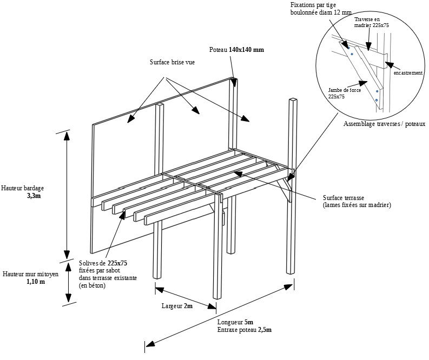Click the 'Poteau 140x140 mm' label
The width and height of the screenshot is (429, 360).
(x=236, y=50)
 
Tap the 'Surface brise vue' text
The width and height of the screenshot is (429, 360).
(x=173, y=62)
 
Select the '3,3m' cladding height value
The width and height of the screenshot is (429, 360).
(x=34, y=196)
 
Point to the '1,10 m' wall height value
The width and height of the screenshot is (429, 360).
(x=36, y=282)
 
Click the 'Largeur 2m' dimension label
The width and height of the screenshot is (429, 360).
(x=177, y=306)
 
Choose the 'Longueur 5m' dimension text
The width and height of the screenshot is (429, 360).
(x=235, y=322)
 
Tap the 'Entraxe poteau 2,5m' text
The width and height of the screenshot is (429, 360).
(x=245, y=330)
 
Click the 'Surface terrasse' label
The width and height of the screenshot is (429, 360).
(x=344, y=198)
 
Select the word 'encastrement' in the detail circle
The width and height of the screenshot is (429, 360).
(x=408, y=73)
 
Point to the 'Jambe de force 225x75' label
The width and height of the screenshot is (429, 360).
(x=345, y=93)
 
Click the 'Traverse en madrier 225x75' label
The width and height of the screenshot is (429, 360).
(x=372, y=22)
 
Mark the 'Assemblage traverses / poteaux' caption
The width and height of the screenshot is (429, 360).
(x=385, y=124)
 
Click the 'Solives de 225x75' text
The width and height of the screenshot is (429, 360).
(x=103, y=263)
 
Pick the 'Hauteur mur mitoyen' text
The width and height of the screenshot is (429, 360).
(x=30, y=274)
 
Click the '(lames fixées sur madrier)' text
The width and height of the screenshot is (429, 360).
(x=357, y=205)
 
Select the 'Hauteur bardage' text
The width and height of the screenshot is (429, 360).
(x=22, y=188)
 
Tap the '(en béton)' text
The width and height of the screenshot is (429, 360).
(x=92, y=285)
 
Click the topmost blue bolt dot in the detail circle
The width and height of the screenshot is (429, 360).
(x=348, y=48)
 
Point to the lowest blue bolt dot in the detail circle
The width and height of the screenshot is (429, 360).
(x=377, y=101)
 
